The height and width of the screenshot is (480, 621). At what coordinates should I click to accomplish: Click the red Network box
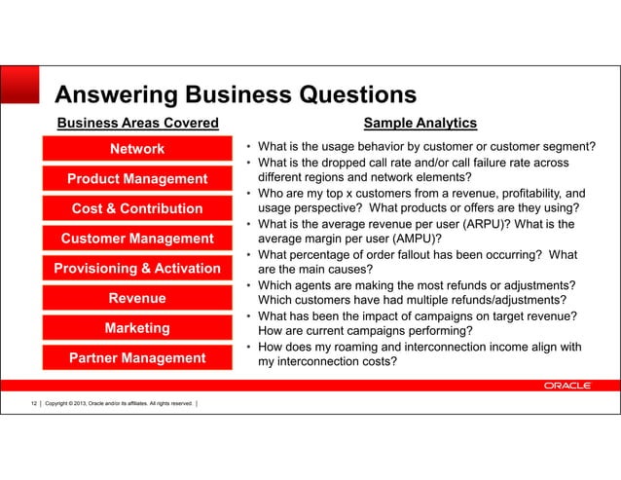137,149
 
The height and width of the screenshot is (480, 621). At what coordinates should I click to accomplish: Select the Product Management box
137,179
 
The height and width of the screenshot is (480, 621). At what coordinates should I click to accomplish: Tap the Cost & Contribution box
137,208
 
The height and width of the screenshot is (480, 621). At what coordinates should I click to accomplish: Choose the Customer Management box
137,239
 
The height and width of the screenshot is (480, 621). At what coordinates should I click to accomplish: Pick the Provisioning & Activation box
137,269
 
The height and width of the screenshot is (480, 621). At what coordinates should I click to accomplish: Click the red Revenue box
137,298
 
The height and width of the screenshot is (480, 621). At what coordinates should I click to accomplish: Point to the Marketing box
137,328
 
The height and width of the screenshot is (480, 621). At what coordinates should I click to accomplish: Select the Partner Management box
137,358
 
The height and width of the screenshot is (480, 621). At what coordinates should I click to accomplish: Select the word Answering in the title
117,94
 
